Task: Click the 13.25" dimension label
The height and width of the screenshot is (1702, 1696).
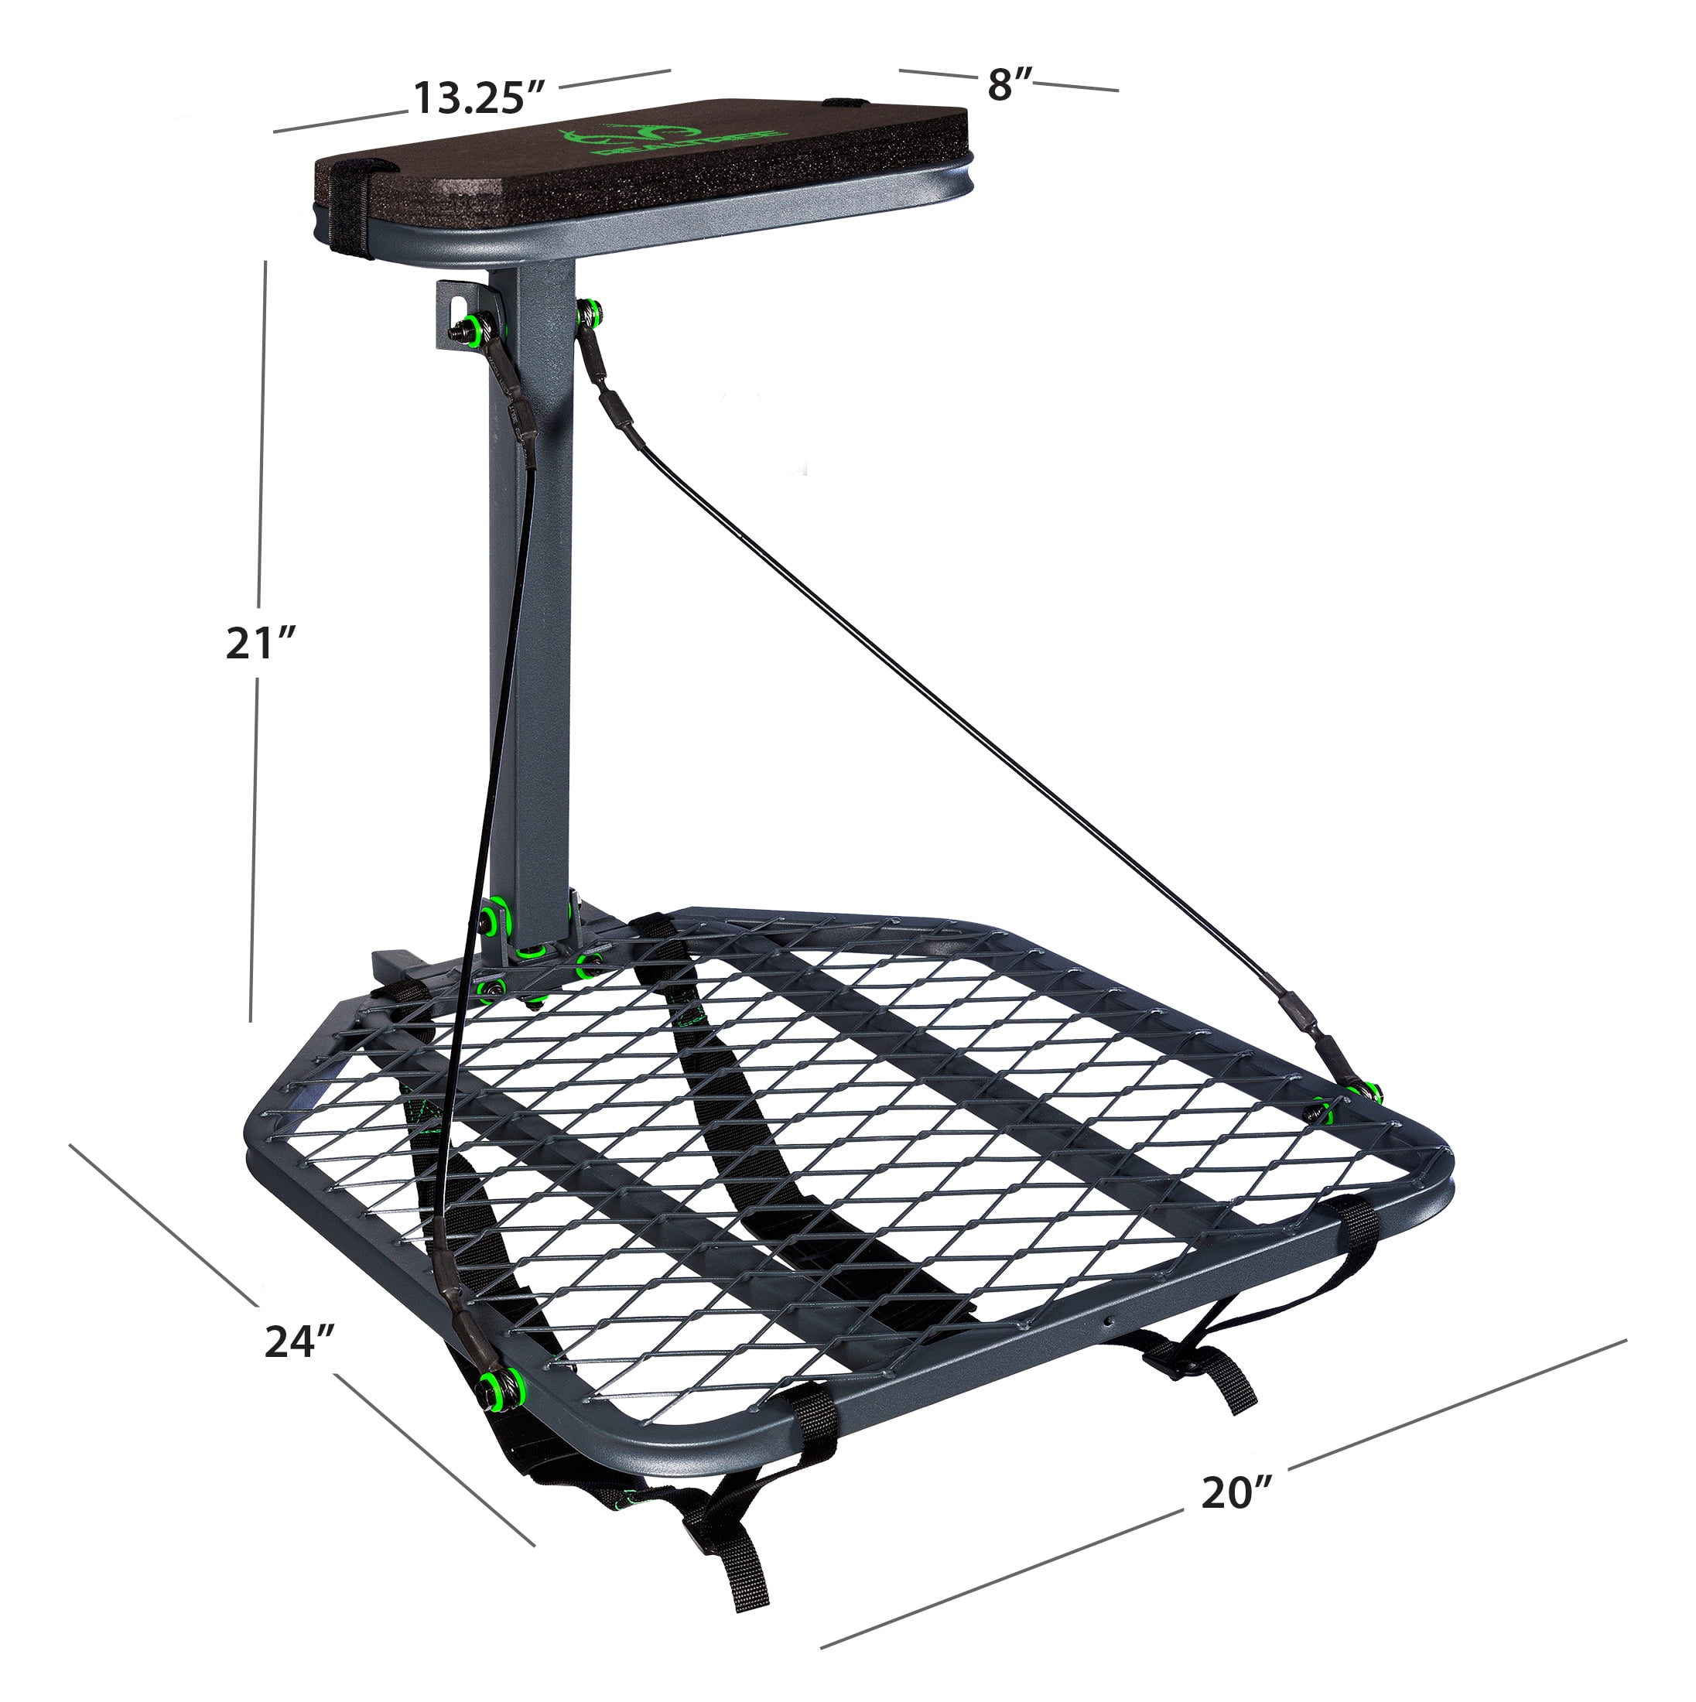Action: click(481, 97)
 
